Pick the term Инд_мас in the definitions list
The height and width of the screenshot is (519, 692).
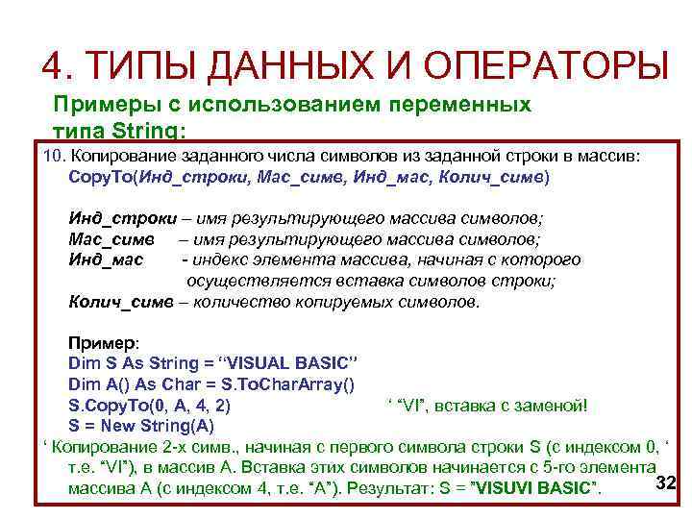[106, 259]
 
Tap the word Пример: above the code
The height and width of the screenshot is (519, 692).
[103, 343]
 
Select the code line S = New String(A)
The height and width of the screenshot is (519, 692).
[141, 425]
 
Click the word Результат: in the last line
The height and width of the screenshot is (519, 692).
[397, 488]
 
